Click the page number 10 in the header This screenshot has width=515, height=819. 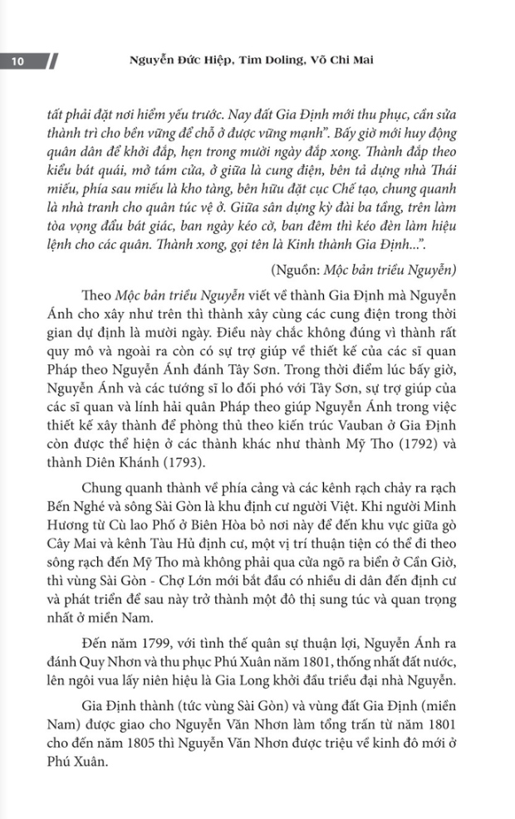pyautogui.click(x=17, y=61)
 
